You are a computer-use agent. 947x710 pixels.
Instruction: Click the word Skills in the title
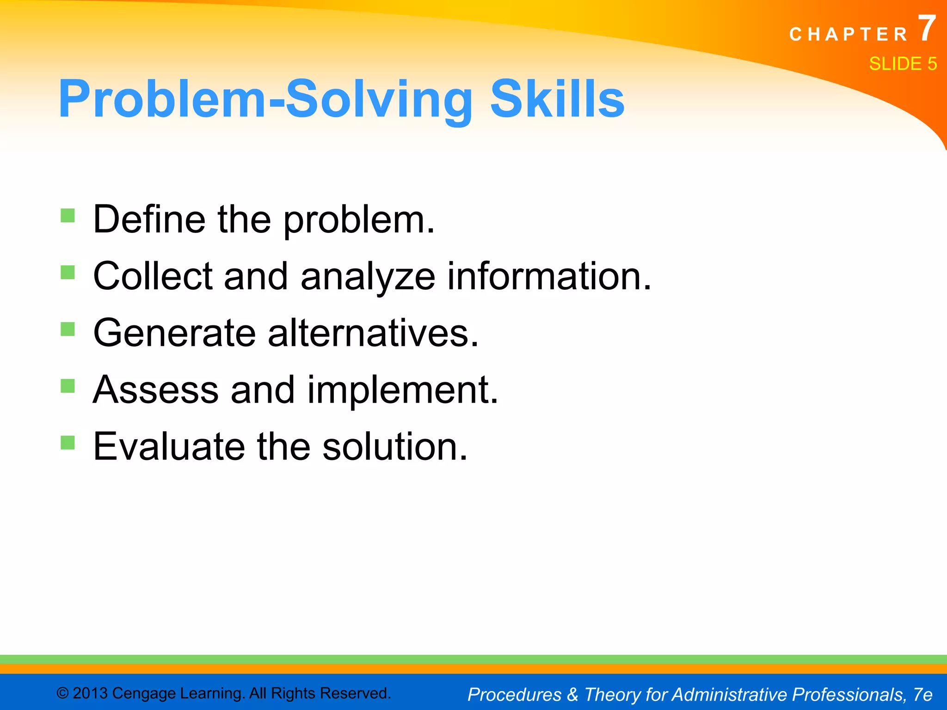tap(557, 99)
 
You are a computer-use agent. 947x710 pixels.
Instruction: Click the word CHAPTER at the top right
tap(849, 35)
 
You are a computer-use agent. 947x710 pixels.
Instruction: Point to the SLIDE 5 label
tap(903, 64)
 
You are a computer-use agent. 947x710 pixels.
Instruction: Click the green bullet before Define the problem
tap(68, 215)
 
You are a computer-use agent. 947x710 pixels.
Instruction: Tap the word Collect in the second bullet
tap(153, 276)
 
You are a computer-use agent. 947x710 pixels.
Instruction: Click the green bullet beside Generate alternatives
tap(68, 329)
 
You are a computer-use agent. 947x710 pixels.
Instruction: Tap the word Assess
tap(155, 390)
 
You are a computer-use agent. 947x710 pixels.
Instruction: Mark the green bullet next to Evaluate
tap(68, 442)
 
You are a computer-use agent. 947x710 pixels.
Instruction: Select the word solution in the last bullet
tap(394, 447)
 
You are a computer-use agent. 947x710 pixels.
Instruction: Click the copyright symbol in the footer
tap(62, 693)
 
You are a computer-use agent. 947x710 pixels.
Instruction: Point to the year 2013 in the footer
tap(90, 693)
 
